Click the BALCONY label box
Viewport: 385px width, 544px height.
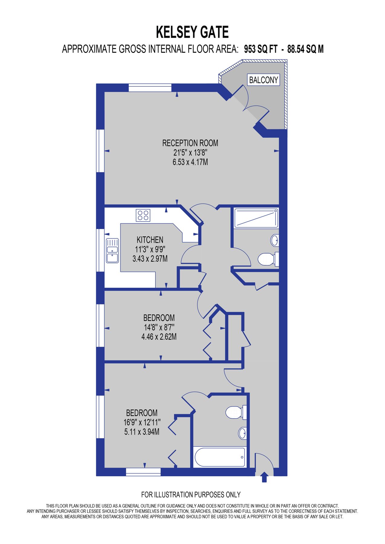pyautogui.click(x=263, y=80)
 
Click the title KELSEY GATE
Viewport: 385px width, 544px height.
pyautogui.click(x=192, y=32)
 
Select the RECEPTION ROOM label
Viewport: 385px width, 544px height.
pyautogui.click(x=190, y=143)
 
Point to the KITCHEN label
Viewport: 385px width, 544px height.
pyautogui.click(x=150, y=240)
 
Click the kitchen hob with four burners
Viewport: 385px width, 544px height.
pyautogui.click(x=143, y=215)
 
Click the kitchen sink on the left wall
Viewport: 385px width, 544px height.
pyautogui.click(x=112, y=251)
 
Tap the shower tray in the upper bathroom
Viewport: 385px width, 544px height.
pyautogui.click(x=256, y=218)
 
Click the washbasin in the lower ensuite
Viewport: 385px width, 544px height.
pyautogui.click(x=243, y=433)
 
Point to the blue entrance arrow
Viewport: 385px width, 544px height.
pyautogui.click(x=264, y=477)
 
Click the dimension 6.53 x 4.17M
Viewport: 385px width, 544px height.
pyautogui.click(x=190, y=162)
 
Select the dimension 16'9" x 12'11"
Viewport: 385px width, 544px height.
pyautogui.click(x=142, y=422)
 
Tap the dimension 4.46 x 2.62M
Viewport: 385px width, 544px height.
pyautogui.click(x=159, y=337)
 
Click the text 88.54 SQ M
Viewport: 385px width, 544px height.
pyautogui.click(x=305, y=49)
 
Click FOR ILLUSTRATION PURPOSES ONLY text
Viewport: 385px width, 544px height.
pyautogui.click(x=191, y=495)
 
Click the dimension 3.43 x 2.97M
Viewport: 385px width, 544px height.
pyautogui.click(x=150, y=259)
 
